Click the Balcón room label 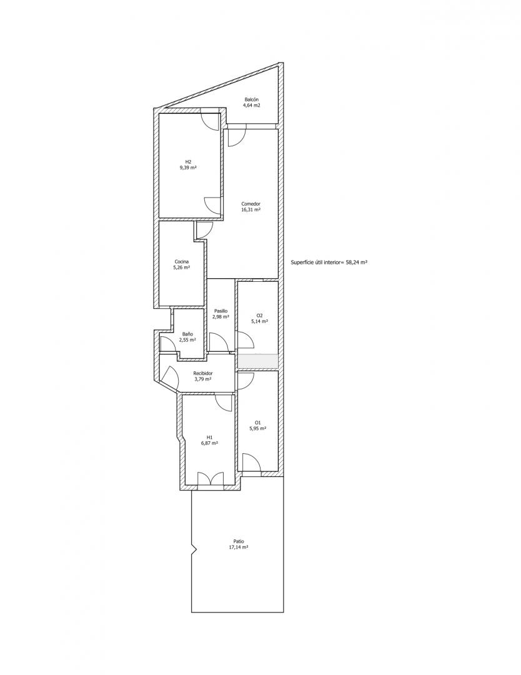[252, 99]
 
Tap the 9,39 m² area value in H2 [188, 168]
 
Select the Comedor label [251, 204]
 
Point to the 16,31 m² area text [251, 209]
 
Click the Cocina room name [182, 261]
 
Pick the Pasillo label [221, 311]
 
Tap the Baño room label [187, 334]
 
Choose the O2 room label [259, 315]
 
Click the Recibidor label [203, 373]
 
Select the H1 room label [209, 437]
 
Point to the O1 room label [258, 422]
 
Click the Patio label [239, 541]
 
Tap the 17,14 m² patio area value [239, 547]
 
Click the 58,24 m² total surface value [357, 262]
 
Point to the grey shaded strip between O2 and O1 [258, 361]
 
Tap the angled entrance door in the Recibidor [171, 378]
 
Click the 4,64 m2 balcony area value [252, 105]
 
